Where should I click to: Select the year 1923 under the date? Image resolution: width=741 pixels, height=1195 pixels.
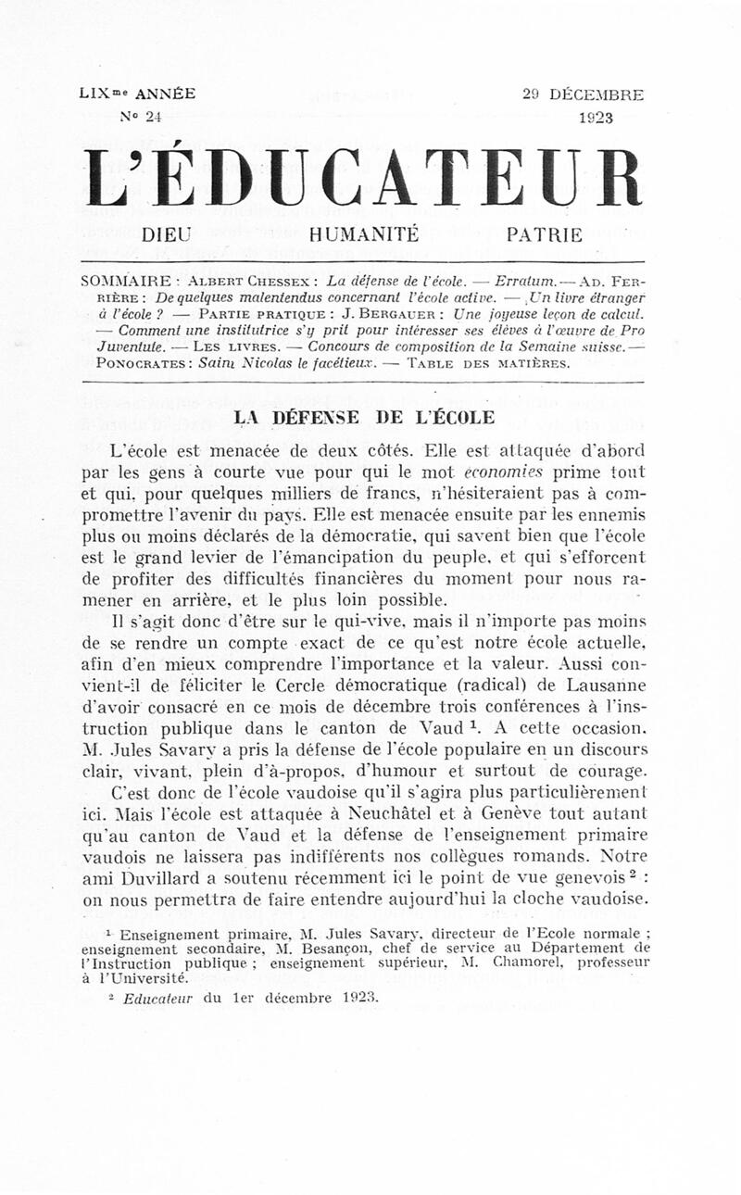(x=596, y=118)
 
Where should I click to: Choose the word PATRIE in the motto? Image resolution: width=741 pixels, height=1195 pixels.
(x=545, y=235)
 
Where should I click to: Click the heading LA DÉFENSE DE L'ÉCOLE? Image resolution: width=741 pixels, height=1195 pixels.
(x=364, y=417)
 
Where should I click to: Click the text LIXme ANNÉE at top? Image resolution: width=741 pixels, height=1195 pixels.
(x=137, y=94)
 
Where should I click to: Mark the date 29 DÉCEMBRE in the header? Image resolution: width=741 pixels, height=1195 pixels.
(x=583, y=94)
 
